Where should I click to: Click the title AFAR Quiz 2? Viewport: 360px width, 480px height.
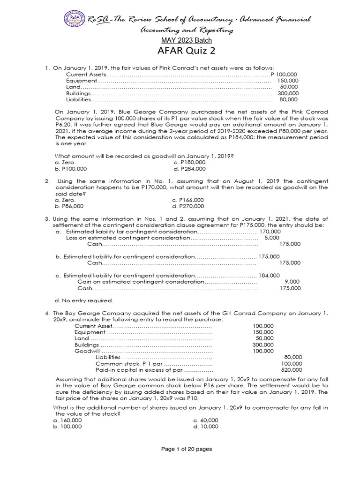pos(180,51)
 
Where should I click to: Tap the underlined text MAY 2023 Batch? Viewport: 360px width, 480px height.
pos(180,40)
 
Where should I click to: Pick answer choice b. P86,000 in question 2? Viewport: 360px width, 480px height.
pos(69,205)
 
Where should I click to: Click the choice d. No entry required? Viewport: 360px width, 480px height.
pos(84,300)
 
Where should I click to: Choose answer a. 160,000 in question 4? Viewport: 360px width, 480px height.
pos(68,420)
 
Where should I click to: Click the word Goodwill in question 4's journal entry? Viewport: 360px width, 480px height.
pos(87,351)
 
